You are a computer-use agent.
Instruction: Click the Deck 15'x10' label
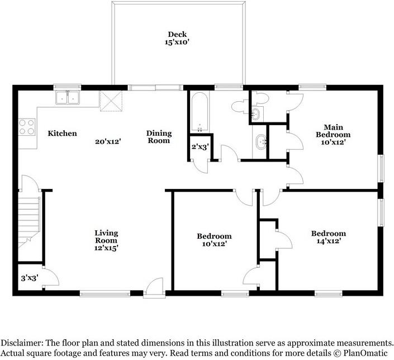click(x=177, y=38)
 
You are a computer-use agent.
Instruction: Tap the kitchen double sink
click(x=68, y=97)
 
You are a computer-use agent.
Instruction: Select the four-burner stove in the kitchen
click(x=27, y=127)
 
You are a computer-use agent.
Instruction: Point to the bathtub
click(x=200, y=112)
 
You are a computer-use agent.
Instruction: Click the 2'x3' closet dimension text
click(x=200, y=147)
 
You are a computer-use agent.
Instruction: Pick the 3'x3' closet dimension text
click(x=30, y=278)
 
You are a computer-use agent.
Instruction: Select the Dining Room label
click(x=159, y=137)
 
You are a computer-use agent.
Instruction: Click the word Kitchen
click(x=63, y=133)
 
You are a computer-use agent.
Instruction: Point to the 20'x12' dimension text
click(x=108, y=141)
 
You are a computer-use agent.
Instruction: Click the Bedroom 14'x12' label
click(x=329, y=237)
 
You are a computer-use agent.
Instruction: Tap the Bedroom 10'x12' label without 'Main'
click(x=215, y=240)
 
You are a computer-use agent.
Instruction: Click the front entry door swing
click(x=154, y=286)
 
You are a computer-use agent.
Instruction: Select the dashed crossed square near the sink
click(x=111, y=101)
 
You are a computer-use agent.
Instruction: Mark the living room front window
click(x=105, y=293)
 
